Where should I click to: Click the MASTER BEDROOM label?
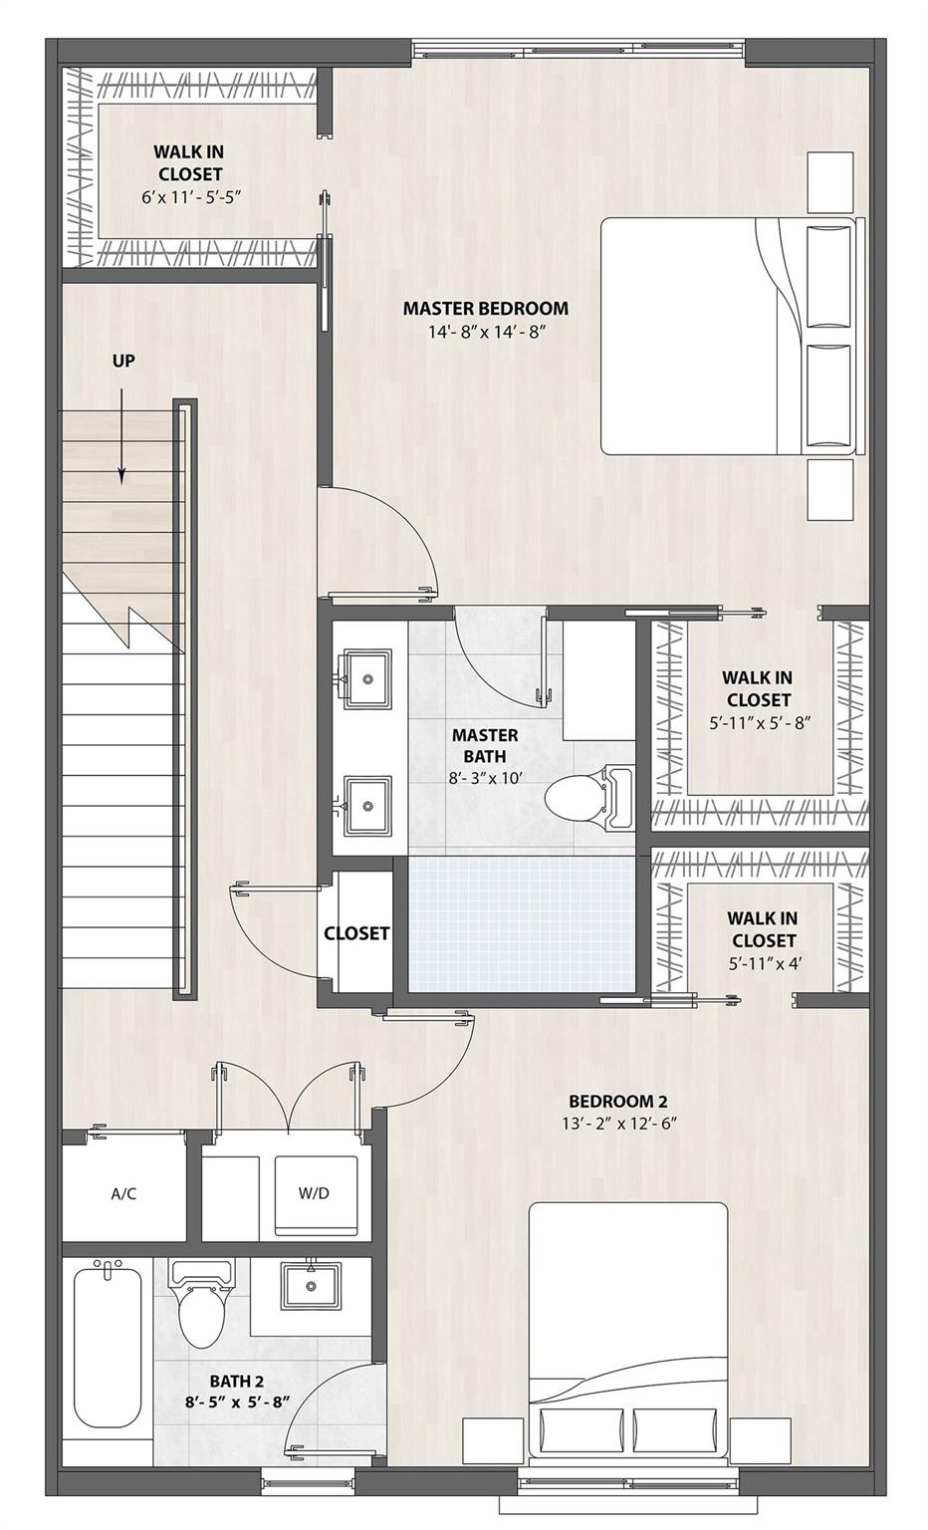[485, 309]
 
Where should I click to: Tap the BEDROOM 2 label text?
[617, 1101]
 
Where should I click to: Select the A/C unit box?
[123, 1193]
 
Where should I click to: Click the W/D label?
[314, 1193]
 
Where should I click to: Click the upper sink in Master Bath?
[367, 678]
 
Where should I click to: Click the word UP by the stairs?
[123, 362]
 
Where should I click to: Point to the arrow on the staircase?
[121, 438]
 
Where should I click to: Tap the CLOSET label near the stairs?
[356, 933]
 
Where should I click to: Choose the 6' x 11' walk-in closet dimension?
[188, 197]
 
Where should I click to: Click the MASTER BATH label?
[485, 746]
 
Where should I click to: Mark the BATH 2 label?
[236, 1381]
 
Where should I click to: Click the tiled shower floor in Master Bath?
[522, 922]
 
